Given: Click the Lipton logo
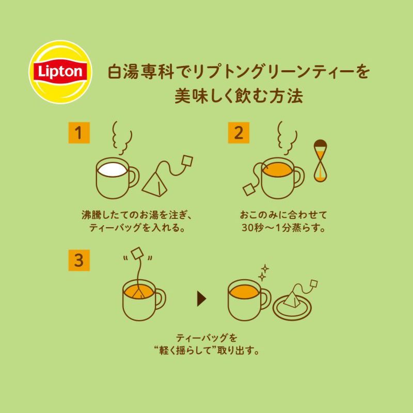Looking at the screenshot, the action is (60, 72).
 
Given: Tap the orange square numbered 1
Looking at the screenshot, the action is (79, 133).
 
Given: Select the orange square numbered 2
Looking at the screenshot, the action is (239, 133).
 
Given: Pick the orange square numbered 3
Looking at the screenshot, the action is (79, 260).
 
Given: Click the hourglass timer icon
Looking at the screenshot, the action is (320, 161).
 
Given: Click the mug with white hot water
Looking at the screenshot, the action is (117, 178).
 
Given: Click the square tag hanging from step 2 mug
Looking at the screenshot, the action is (248, 189).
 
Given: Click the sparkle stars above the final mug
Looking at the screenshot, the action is (263, 273).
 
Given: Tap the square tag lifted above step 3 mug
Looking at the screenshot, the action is (137, 253).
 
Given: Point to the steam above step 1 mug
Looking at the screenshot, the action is (122, 138).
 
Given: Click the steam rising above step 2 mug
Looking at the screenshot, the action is (288, 138).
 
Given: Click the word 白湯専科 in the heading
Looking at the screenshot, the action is (141, 72).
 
